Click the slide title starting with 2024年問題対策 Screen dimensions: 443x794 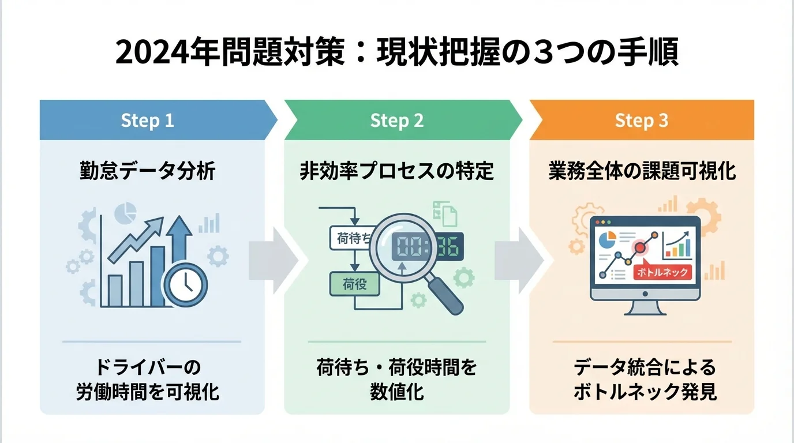(x=396, y=54)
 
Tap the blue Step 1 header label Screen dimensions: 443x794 (x=147, y=121)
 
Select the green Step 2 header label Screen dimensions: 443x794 (x=396, y=121)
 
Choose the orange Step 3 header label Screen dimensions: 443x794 (x=642, y=121)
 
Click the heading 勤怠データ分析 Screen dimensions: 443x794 (x=147, y=172)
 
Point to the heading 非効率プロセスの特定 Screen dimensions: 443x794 (x=396, y=172)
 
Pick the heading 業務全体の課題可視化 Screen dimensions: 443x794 (x=642, y=172)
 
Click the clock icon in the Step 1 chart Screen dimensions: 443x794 (x=185, y=283)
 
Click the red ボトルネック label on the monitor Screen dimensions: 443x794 (x=662, y=272)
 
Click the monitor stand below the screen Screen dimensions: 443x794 (x=645, y=308)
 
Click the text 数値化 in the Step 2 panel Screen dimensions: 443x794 (x=396, y=392)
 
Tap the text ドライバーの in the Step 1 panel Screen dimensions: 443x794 (x=147, y=367)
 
